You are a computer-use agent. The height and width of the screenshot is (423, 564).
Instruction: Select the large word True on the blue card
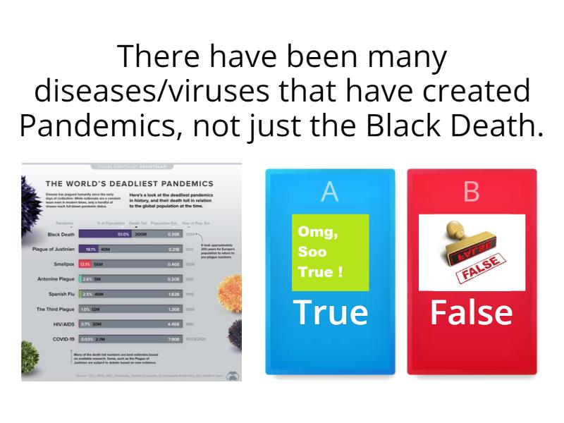coord(330,312)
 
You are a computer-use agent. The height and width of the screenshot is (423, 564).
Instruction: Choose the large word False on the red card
coord(472,312)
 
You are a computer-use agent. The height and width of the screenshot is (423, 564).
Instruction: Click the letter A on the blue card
coord(329,192)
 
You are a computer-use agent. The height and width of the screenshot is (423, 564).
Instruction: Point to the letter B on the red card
coord(472,192)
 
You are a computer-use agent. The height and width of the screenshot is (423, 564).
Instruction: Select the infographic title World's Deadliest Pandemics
coord(130,184)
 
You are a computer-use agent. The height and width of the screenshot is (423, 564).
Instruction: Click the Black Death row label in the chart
coord(61,234)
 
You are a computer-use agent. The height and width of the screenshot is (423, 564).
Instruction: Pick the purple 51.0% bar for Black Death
coord(105,234)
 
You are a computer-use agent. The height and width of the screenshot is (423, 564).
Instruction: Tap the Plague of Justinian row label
coord(54,249)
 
